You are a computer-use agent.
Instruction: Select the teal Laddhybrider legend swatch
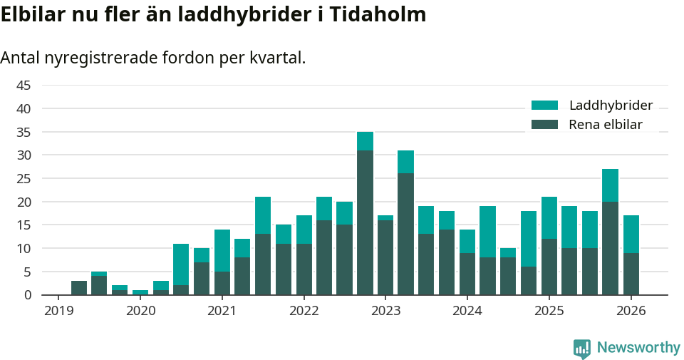tap(545, 106)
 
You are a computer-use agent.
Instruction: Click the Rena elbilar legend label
tap(606, 125)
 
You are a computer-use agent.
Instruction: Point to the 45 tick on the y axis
tap(24, 86)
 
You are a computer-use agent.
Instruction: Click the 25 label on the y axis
tap(24, 178)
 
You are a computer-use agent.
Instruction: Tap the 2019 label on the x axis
tap(58, 311)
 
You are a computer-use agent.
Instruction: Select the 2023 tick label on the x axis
tap(385, 311)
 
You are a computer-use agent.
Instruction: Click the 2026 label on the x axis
tap(631, 311)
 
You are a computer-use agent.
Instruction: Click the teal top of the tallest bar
tap(365, 141)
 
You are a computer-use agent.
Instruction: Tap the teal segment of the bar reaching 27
tap(610, 185)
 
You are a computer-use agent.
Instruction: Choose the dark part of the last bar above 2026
tap(631, 274)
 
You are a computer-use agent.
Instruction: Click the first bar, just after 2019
tap(79, 288)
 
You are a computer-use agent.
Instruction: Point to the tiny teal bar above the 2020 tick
tap(140, 292)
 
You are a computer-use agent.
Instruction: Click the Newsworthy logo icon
tap(582, 348)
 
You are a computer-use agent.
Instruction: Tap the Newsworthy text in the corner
tap(638, 348)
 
